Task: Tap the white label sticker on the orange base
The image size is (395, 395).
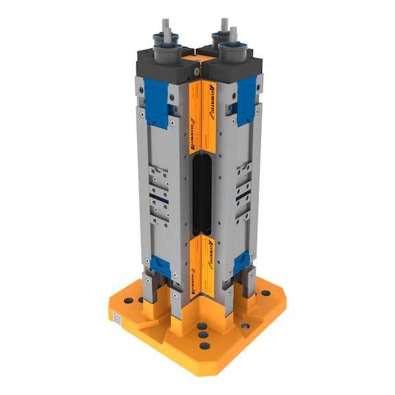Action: click(x=117, y=319)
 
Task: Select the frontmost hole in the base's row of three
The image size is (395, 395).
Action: click(x=204, y=347)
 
